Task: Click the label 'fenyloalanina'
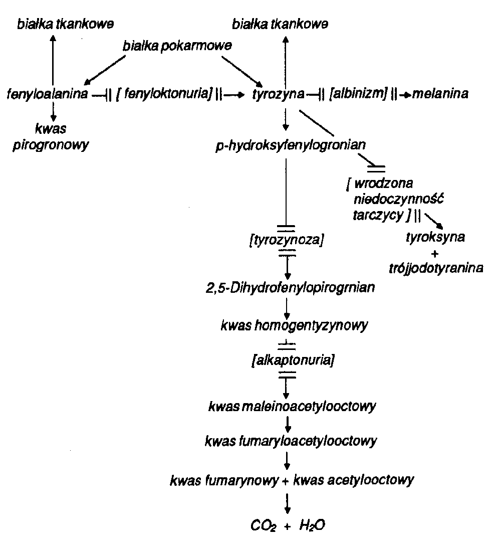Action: click(47, 94)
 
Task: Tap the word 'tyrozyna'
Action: click(278, 94)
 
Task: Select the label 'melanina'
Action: click(440, 94)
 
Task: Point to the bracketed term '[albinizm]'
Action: click(358, 94)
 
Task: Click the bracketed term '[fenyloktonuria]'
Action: click(164, 94)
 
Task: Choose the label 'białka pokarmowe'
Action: click(177, 46)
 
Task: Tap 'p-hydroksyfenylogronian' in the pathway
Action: click(291, 145)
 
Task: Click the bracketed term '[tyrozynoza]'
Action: click(287, 240)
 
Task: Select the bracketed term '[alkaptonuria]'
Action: click(293, 360)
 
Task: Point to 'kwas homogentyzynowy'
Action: click(294, 325)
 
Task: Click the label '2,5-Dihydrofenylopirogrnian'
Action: click(290, 287)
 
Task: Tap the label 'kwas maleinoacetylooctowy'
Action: click(292, 406)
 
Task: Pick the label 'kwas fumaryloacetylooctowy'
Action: click(291, 441)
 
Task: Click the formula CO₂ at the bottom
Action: click(263, 526)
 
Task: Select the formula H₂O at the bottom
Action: click(312, 526)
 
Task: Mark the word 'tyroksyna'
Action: click(435, 237)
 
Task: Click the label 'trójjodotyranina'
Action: click(436, 268)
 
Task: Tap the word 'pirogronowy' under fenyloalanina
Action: click(51, 145)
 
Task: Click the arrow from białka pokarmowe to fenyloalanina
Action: click(105, 70)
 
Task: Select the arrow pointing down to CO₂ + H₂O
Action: click(288, 503)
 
